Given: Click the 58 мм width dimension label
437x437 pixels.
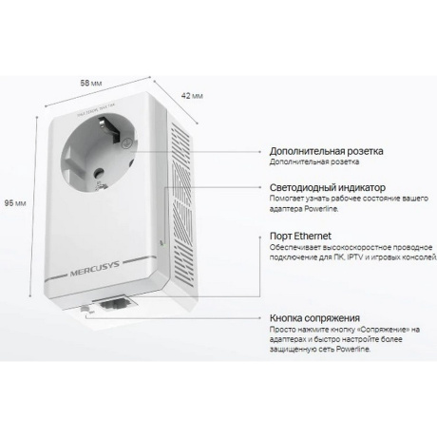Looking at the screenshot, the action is coord(91,83).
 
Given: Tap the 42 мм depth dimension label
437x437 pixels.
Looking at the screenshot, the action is coord(192,96).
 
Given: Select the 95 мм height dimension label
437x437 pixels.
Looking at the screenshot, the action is coord(15,203).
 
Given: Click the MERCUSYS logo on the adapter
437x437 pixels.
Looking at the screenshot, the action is coord(94,268).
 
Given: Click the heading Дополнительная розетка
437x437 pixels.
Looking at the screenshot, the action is coord(326,151).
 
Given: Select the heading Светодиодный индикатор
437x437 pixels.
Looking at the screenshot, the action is coord(328,187).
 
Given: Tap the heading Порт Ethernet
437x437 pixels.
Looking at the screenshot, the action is coord(300,236).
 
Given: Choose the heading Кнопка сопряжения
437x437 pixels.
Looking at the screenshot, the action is coord(314,318).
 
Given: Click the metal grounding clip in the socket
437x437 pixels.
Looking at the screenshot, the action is coord(109,128).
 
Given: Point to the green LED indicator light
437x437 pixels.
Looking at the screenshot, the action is coord(162,244).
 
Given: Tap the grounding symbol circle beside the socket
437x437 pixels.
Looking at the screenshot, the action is coord(126,143).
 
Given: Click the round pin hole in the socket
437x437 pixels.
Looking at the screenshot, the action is coord(99,173).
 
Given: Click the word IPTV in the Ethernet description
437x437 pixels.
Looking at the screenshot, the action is coord(354,257).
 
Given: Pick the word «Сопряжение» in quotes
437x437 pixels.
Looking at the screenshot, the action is coord(383,330).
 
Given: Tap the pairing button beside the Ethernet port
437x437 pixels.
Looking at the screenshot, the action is coord(85,308).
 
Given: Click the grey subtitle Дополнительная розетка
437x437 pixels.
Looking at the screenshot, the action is coord(314,161).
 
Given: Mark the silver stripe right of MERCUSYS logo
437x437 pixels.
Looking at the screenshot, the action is coord(139,259).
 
